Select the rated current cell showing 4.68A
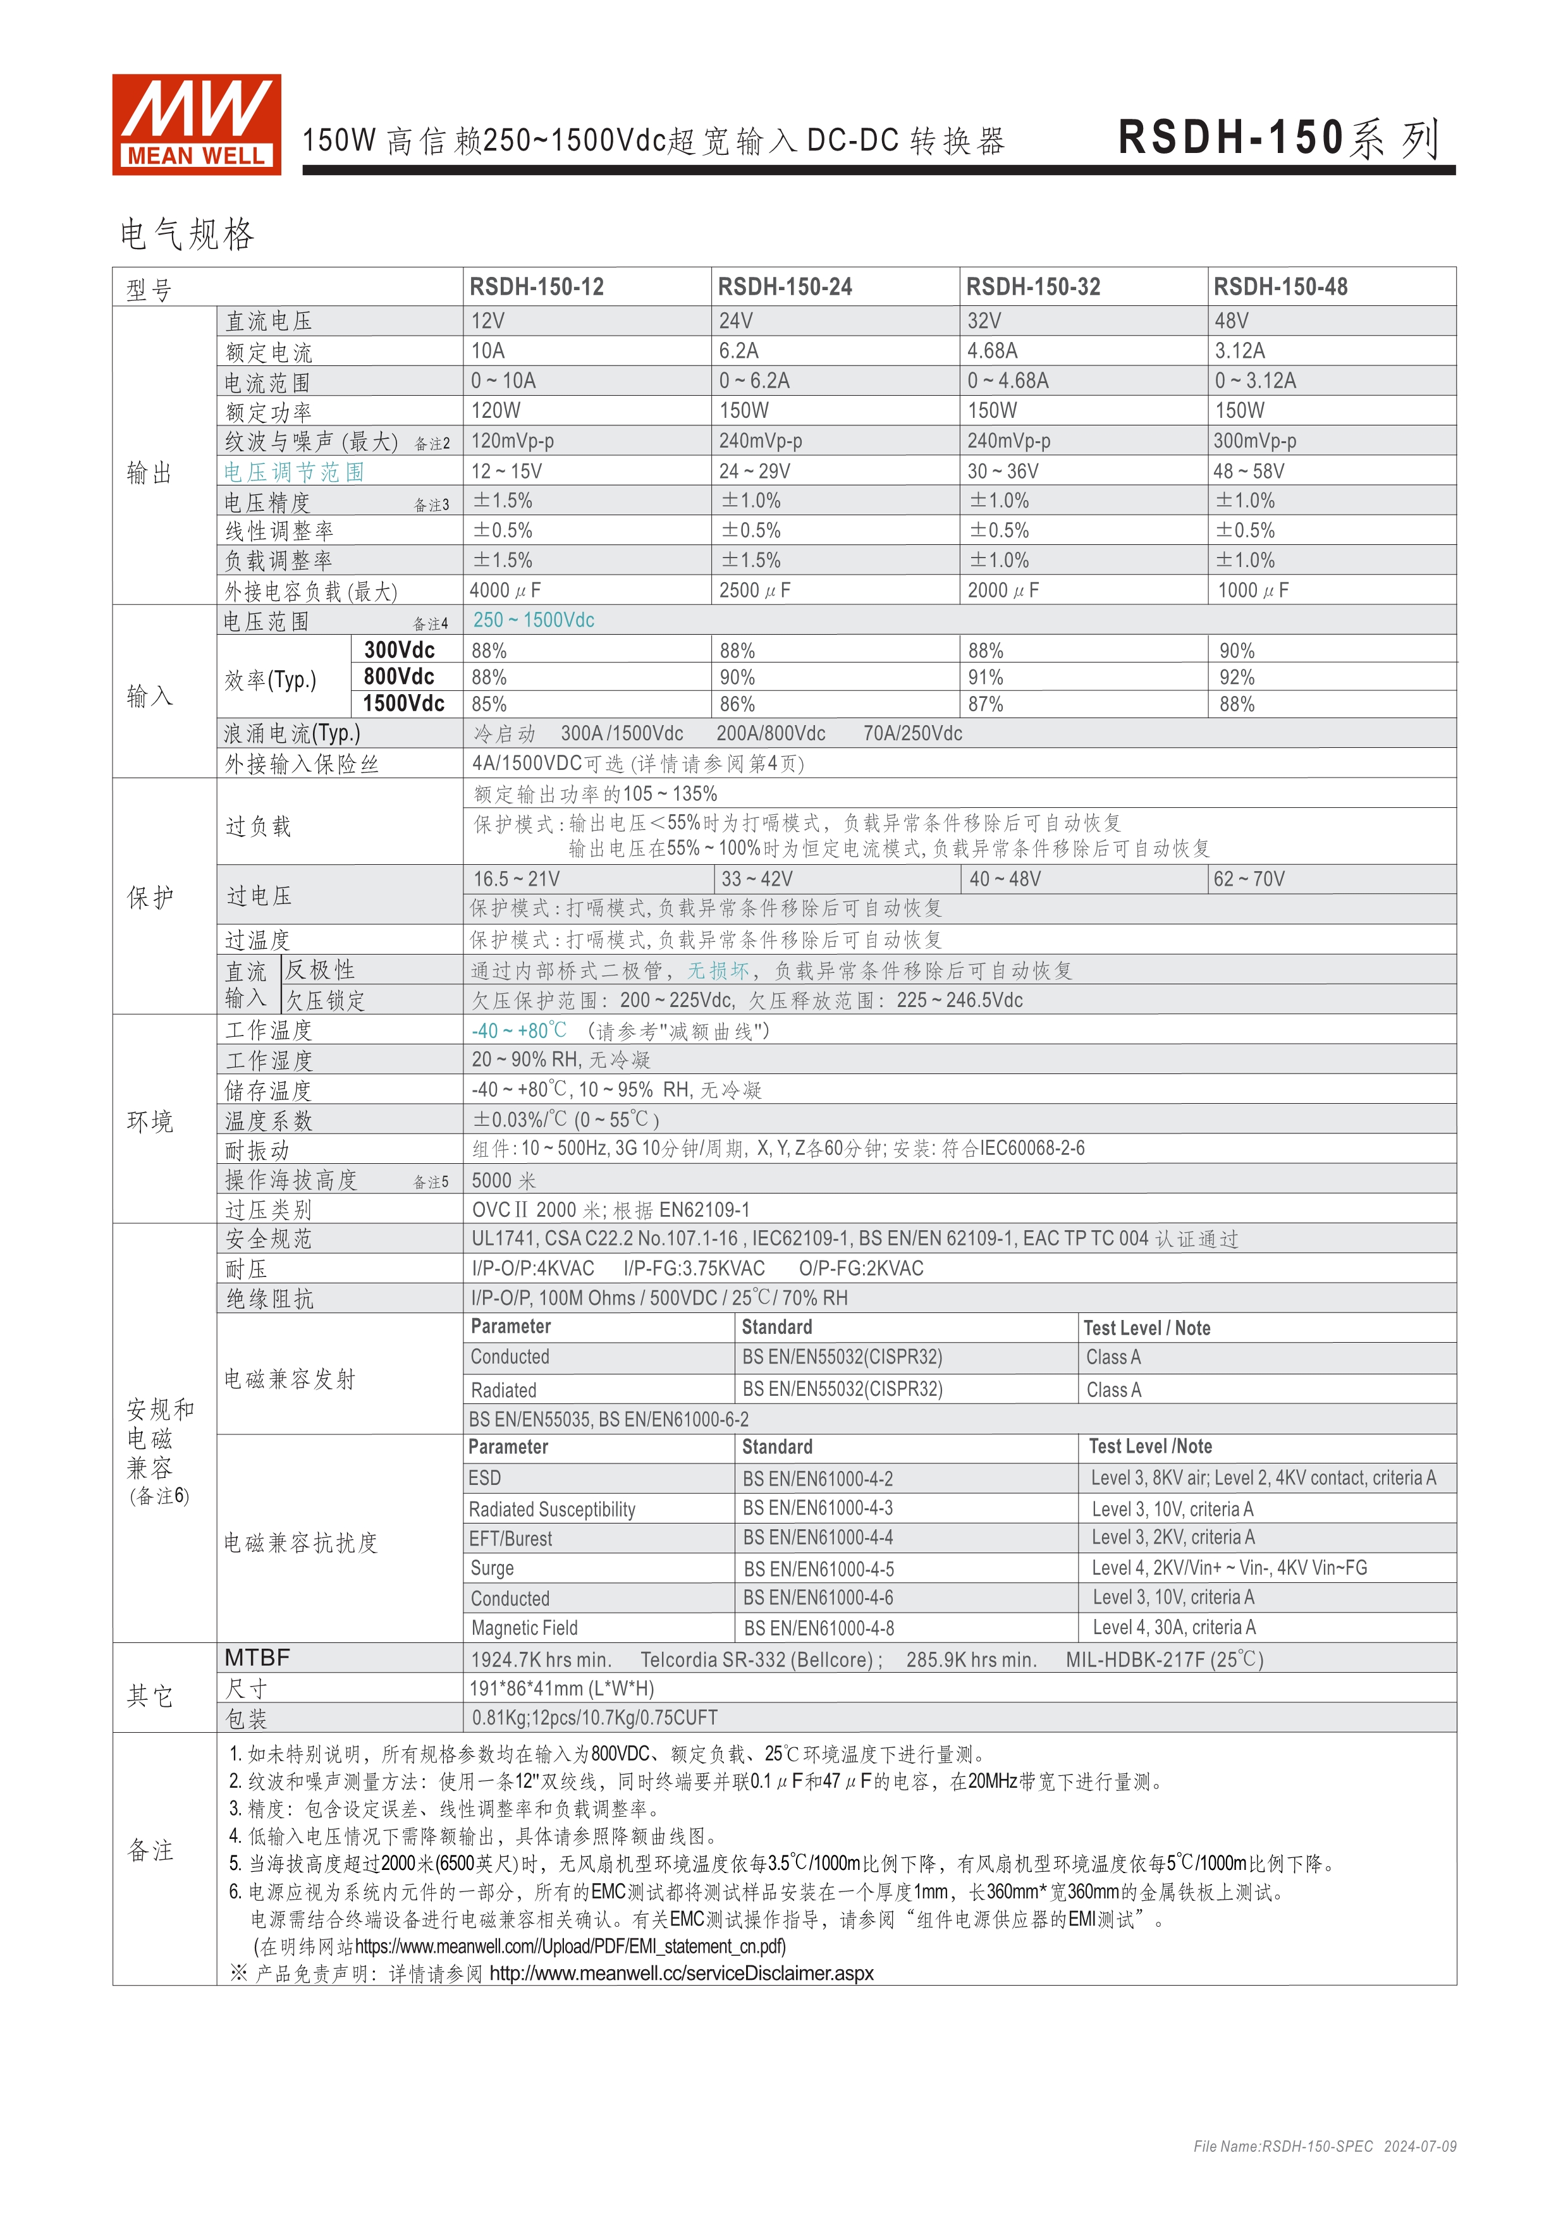(x=993, y=350)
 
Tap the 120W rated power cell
(x=495, y=410)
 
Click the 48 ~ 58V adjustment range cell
(x=1249, y=471)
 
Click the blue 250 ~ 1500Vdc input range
(x=533, y=620)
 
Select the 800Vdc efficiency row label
(x=399, y=677)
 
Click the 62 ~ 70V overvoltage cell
(x=1249, y=879)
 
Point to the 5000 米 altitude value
(x=503, y=1180)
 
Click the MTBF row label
(x=257, y=1658)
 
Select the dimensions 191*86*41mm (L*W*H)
(x=562, y=1688)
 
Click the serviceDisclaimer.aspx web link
(x=681, y=1973)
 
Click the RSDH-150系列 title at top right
(x=1278, y=138)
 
